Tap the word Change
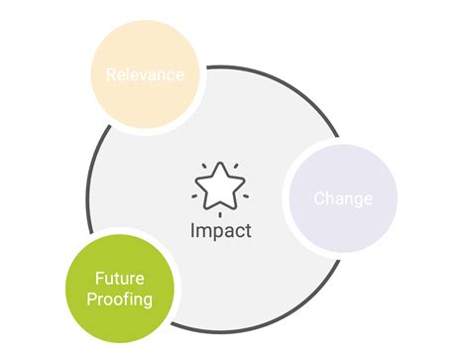point(343,198)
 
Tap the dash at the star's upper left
point(203,165)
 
